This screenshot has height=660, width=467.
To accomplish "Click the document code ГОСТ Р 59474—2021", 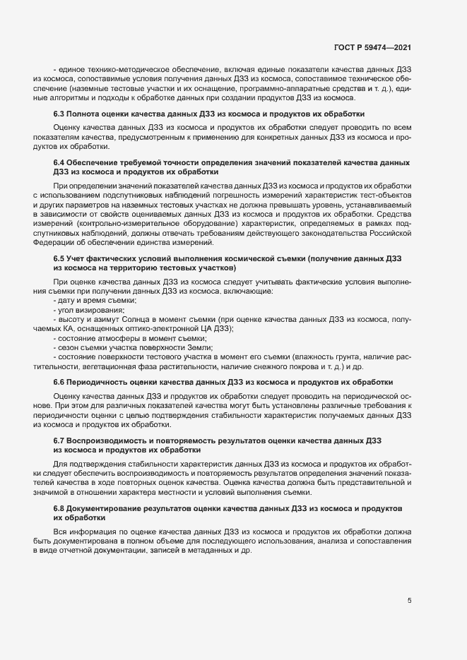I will pos(373,48).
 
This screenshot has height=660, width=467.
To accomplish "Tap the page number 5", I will pos(410,601).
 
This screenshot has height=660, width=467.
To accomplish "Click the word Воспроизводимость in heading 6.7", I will pos(110,440).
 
